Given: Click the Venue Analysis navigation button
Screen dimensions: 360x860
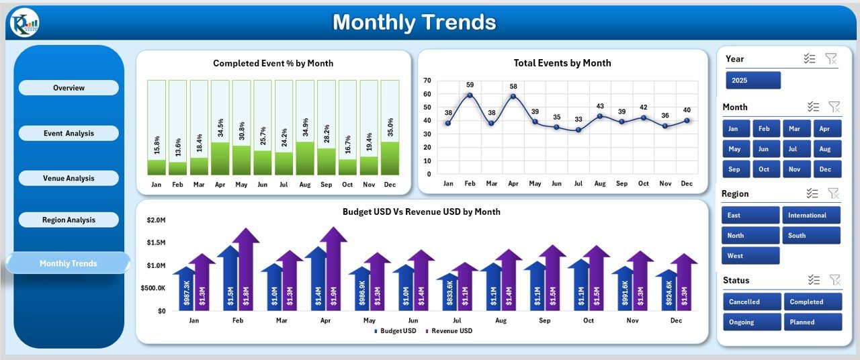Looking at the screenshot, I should (x=69, y=178).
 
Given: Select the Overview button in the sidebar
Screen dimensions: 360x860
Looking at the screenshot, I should (x=69, y=88).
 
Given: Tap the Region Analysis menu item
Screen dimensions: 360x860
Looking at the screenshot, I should (x=69, y=220).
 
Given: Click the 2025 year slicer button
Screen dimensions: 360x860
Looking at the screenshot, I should (x=752, y=81).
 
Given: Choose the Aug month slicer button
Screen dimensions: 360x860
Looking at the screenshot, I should (x=826, y=149).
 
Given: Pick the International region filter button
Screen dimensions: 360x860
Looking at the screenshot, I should (x=811, y=215).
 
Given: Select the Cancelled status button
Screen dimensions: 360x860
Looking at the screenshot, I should (x=752, y=302).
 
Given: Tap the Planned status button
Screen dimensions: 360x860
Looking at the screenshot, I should (x=812, y=322).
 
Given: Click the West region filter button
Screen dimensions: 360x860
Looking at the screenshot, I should (x=750, y=256).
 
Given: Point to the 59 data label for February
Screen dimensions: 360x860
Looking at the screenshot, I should (x=470, y=85).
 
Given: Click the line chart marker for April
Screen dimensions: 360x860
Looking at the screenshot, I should (x=513, y=96).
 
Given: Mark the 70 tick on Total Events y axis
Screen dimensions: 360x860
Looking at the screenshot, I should (x=427, y=81).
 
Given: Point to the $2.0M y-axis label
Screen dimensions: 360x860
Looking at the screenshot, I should (x=156, y=220).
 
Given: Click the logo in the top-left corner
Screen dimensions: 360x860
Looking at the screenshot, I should (x=23, y=24).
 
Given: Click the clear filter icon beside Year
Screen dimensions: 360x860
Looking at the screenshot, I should (x=831, y=59).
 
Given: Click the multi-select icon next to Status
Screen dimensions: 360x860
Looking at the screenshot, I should (x=813, y=280).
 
